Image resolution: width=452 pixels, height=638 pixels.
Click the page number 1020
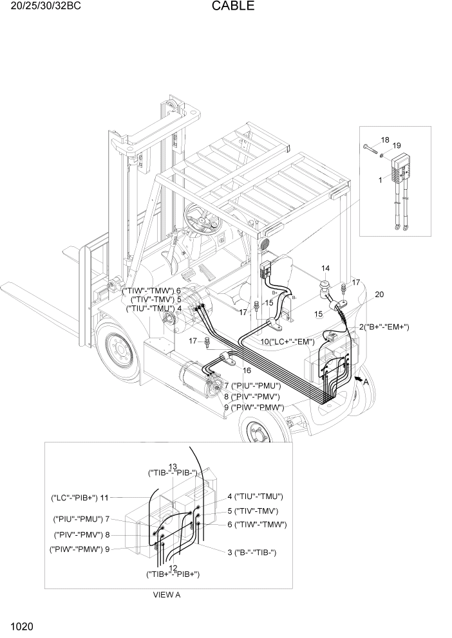point(22,626)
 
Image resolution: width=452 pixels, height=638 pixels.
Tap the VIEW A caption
point(166,595)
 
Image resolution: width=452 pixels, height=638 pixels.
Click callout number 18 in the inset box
point(385,140)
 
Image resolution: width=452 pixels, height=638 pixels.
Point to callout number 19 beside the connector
point(396,145)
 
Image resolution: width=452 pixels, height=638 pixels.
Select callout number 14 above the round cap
point(326,268)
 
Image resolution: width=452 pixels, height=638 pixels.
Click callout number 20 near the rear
point(379,294)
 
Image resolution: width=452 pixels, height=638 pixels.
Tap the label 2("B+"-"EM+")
point(384,327)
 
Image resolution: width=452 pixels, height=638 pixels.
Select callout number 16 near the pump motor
point(247,371)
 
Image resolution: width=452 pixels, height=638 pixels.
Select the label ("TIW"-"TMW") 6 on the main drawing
point(151,291)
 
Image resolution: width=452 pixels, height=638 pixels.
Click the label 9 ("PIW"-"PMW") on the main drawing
point(254,406)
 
